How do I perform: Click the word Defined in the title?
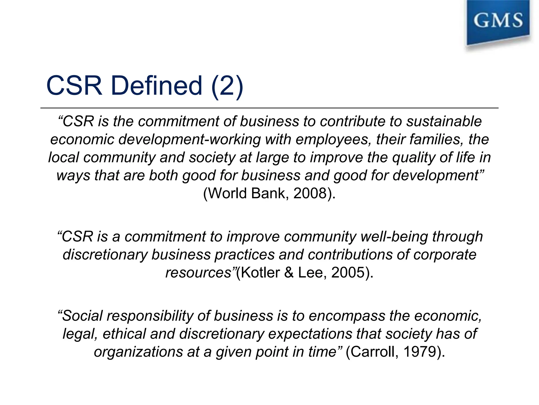click(157, 85)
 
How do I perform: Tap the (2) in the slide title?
click(227, 85)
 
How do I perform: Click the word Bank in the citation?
click(268, 193)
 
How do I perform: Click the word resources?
click(198, 273)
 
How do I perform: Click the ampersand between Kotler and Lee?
click(289, 273)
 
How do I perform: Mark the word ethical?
click(124, 334)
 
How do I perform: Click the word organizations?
click(138, 352)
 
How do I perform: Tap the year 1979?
click(420, 352)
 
